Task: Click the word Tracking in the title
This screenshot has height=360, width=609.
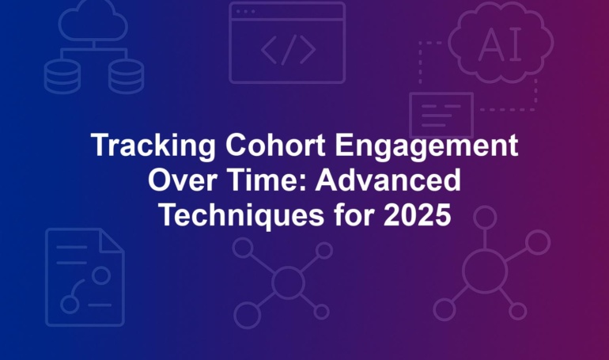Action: [153, 146]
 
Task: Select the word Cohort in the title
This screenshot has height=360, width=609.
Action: [275, 145]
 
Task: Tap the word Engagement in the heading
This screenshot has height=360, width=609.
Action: [426, 146]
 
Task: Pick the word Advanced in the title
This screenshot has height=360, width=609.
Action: [388, 180]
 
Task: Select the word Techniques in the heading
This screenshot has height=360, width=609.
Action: [241, 215]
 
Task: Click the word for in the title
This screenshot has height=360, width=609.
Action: [354, 215]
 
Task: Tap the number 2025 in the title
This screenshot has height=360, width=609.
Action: [417, 215]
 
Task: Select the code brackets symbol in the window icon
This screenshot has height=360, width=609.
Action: [288, 50]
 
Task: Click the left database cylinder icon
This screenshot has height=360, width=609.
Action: [62, 77]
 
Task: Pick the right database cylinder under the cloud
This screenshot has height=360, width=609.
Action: [127, 77]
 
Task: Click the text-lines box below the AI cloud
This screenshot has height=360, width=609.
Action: [441, 115]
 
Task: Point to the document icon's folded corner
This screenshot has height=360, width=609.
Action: [112, 241]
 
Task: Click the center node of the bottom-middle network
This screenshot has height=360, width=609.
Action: [288, 282]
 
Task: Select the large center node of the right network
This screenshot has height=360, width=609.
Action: [485, 271]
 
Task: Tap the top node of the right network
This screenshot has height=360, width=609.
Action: [485, 218]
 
